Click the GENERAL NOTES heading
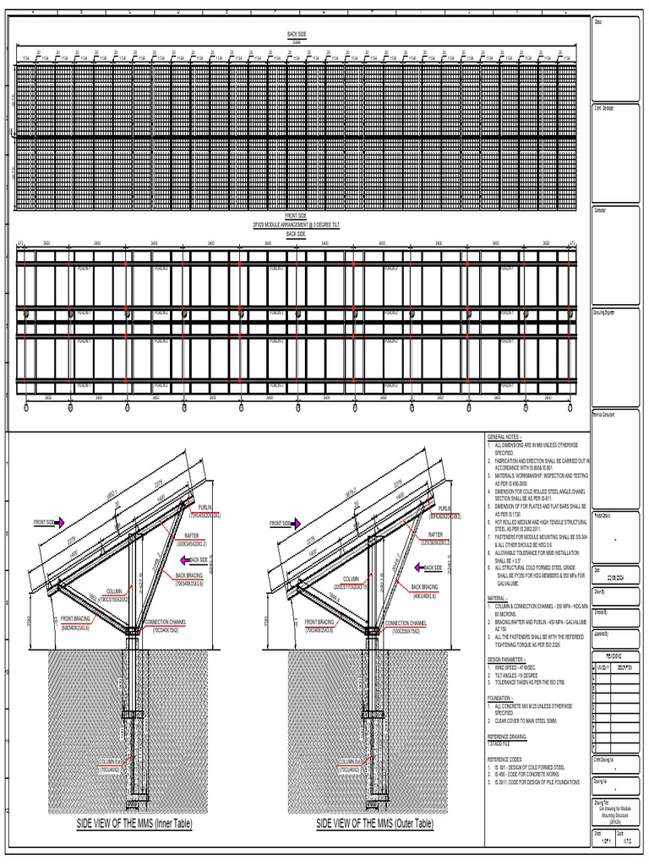504,436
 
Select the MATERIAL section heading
499,574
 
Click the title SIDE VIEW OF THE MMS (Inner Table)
134,824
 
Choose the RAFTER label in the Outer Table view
435,535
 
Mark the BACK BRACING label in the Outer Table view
428,585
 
